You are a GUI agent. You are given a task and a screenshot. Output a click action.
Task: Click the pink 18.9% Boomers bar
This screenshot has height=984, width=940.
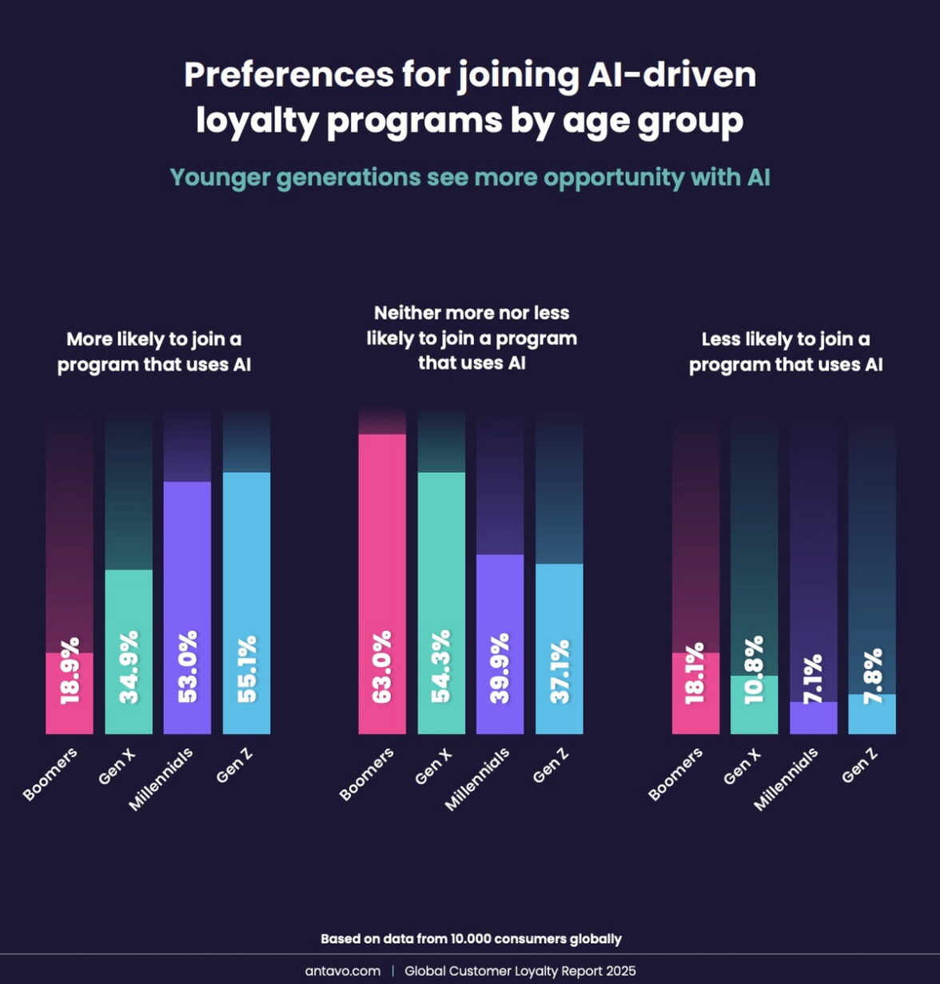pyautogui.click(x=70, y=693)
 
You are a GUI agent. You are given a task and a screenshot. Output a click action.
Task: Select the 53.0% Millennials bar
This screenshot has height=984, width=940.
pyautogui.click(x=187, y=607)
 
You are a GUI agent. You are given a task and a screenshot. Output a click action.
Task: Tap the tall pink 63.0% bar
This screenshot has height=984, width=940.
pyautogui.click(x=382, y=583)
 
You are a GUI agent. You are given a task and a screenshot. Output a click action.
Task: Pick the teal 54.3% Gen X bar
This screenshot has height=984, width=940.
pyautogui.click(x=441, y=603)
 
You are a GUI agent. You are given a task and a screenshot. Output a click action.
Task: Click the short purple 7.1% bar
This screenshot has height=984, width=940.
pyautogui.click(x=814, y=718)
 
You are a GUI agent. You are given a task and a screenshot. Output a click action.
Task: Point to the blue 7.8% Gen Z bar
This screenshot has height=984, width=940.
pyautogui.click(x=872, y=714)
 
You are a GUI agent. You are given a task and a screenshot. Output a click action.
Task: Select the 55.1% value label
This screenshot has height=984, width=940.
pyautogui.click(x=247, y=669)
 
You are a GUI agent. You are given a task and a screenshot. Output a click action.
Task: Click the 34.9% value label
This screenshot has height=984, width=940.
pyautogui.click(x=129, y=667)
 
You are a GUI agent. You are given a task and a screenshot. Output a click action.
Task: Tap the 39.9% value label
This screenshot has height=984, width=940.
pyautogui.click(x=500, y=669)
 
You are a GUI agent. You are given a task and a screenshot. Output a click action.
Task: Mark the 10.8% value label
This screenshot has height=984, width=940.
pyautogui.click(x=754, y=670)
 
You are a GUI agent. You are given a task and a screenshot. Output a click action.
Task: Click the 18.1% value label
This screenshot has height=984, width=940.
pyautogui.click(x=695, y=673)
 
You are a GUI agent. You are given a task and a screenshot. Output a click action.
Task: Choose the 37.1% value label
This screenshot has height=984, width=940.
pyautogui.click(x=560, y=671)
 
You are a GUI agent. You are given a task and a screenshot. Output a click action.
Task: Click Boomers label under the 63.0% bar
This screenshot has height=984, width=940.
pyautogui.click(x=367, y=774)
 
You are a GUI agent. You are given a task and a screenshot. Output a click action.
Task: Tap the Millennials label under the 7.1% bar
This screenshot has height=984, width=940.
pyautogui.click(x=787, y=780)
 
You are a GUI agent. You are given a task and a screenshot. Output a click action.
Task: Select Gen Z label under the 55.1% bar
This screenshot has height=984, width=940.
pyautogui.click(x=235, y=766)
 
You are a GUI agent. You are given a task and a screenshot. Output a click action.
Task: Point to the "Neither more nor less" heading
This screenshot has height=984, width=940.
pyautogui.click(x=472, y=313)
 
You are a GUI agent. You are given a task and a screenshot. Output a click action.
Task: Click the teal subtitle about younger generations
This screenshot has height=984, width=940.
pyautogui.click(x=470, y=177)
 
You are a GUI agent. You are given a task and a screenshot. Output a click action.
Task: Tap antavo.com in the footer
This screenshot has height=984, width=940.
pyautogui.click(x=342, y=971)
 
